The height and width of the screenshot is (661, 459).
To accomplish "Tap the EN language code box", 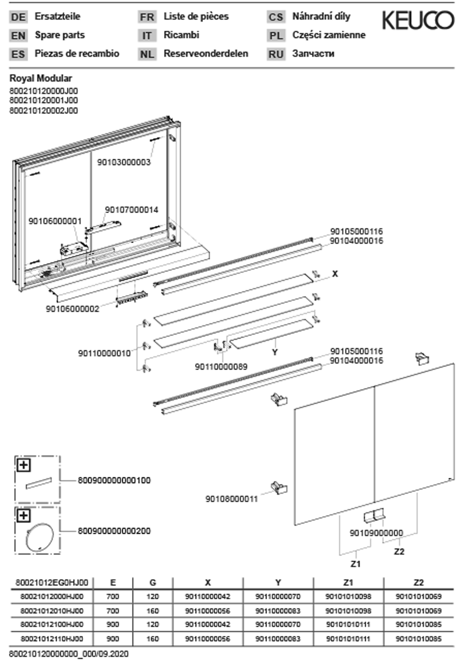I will (x=18, y=36).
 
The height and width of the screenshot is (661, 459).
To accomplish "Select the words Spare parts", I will (x=60, y=35).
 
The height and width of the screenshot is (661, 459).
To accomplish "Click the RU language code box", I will (x=276, y=54).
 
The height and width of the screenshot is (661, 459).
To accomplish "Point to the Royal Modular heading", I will (x=41, y=78).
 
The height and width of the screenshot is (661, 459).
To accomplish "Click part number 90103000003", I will (x=124, y=162).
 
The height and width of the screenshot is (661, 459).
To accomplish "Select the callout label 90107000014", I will (x=131, y=210).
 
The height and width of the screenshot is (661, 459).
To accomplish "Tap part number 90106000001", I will (x=55, y=221).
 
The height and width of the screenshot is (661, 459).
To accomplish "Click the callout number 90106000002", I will (x=73, y=309).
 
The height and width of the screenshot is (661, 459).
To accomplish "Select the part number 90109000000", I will (x=376, y=533).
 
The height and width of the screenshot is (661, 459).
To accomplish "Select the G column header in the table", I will (x=152, y=583).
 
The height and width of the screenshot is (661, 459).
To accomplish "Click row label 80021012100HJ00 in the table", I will (x=52, y=624).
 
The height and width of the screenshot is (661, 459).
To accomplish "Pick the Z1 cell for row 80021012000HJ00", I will (x=348, y=597).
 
